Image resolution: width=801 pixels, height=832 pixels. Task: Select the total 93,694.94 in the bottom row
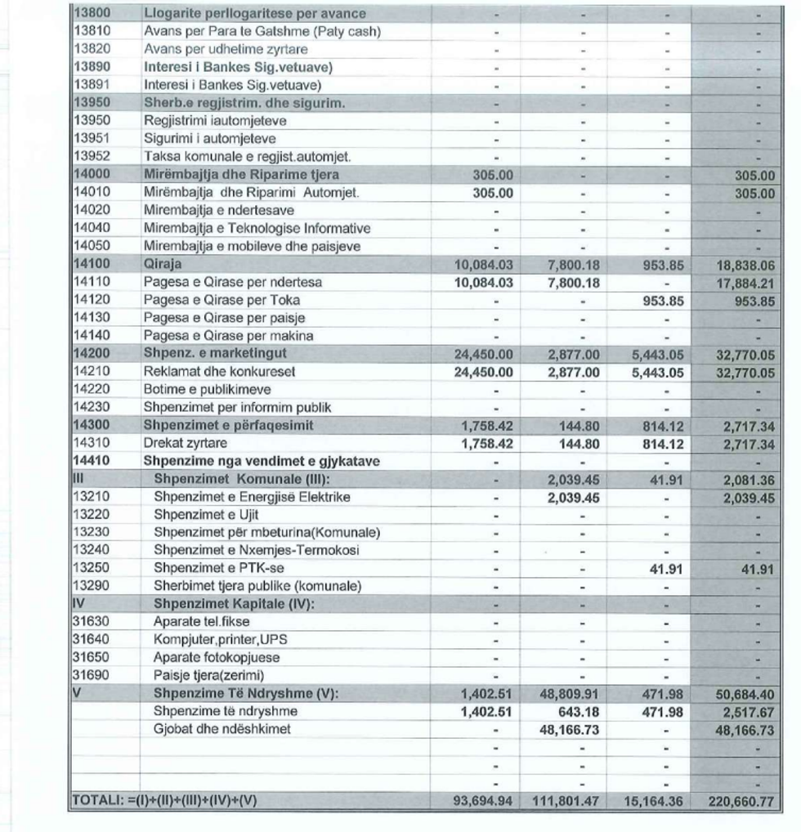pyautogui.click(x=482, y=801)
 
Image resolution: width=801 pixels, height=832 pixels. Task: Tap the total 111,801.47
pyautogui.click(x=566, y=801)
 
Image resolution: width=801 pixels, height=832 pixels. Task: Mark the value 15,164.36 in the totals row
pyautogui.click(x=652, y=801)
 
